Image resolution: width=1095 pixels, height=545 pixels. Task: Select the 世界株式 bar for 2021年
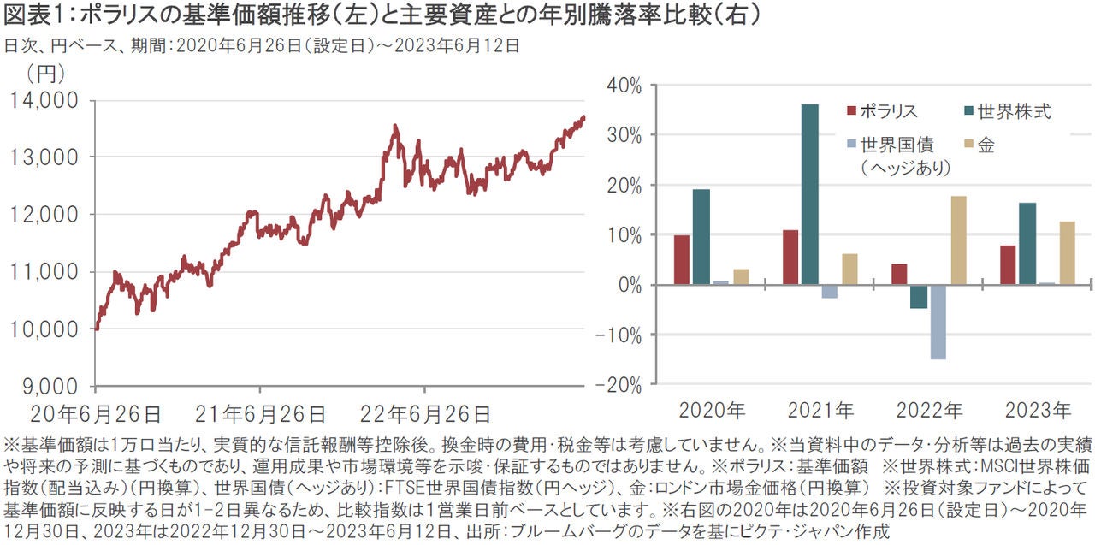tap(809, 194)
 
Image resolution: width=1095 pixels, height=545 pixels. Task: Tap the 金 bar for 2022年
tap(958, 240)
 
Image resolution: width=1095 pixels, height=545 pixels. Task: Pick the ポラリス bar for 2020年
tap(682, 259)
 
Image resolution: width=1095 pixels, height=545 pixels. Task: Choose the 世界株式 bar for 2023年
tap(1027, 244)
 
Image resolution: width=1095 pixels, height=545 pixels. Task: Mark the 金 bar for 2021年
tap(849, 269)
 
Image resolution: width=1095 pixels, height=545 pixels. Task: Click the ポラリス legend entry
tap(881, 111)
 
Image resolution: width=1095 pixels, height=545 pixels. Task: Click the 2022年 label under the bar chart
tap(928, 410)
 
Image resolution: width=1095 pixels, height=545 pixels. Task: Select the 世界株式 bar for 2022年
tap(919, 296)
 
